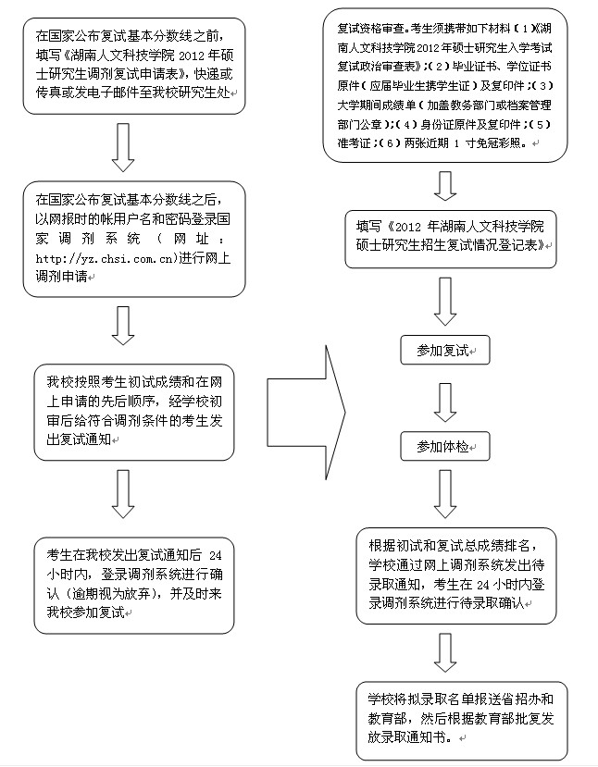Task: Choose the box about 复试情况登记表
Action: coord(450,239)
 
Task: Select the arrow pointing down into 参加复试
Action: coord(445,302)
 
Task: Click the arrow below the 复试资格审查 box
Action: coord(445,184)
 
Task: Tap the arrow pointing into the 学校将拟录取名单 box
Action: coord(445,652)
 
